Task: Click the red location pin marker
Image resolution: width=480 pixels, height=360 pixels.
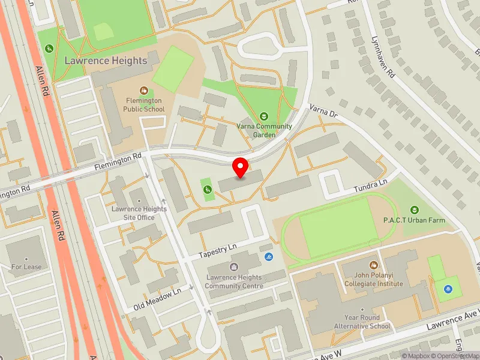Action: pyautogui.click(x=241, y=168)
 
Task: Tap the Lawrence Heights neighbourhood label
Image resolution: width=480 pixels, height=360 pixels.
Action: pyautogui.click(x=106, y=61)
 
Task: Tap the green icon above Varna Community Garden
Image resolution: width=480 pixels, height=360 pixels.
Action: pyautogui.click(x=263, y=115)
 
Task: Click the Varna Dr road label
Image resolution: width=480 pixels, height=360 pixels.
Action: pyautogui.click(x=324, y=111)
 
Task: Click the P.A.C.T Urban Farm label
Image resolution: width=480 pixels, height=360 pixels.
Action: pyautogui.click(x=415, y=221)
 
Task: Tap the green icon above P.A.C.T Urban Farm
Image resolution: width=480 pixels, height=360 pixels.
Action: pyautogui.click(x=414, y=209)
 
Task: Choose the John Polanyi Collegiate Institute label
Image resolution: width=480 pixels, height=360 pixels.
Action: pyautogui.click(x=373, y=279)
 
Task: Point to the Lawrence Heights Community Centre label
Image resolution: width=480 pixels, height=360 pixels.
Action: pyautogui.click(x=233, y=281)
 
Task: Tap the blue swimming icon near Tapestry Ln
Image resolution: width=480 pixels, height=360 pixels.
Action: pyautogui.click(x=268, y=257)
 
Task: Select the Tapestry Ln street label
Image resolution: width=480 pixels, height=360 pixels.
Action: pyautogui.click(x=218, y=250)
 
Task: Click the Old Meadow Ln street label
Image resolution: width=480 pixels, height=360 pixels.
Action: pyautogui.click(x=157, y=298)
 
